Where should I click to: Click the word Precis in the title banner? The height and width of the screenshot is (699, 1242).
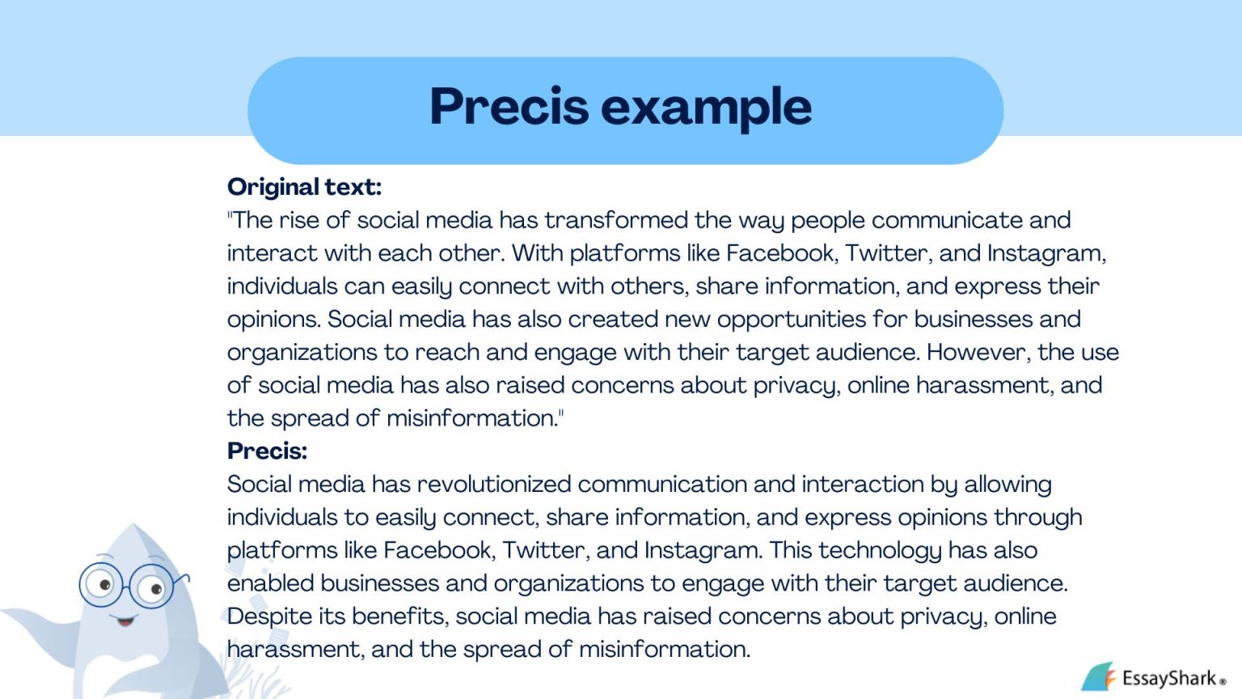[509, 107]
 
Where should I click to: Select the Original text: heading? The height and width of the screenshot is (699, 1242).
[304, 187]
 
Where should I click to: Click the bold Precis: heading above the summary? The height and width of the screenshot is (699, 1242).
[267, 451]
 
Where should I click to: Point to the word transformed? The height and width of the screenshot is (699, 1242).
[616, 220]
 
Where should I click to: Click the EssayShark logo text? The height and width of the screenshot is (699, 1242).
[1169, 678]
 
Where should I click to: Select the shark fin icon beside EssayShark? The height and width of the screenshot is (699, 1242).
[1097, 676]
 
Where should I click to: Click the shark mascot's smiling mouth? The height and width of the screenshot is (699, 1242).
[125, 621]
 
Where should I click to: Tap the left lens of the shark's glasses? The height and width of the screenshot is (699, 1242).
[101, 584]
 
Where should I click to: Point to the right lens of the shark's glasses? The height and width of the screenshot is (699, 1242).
[151, 588]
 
